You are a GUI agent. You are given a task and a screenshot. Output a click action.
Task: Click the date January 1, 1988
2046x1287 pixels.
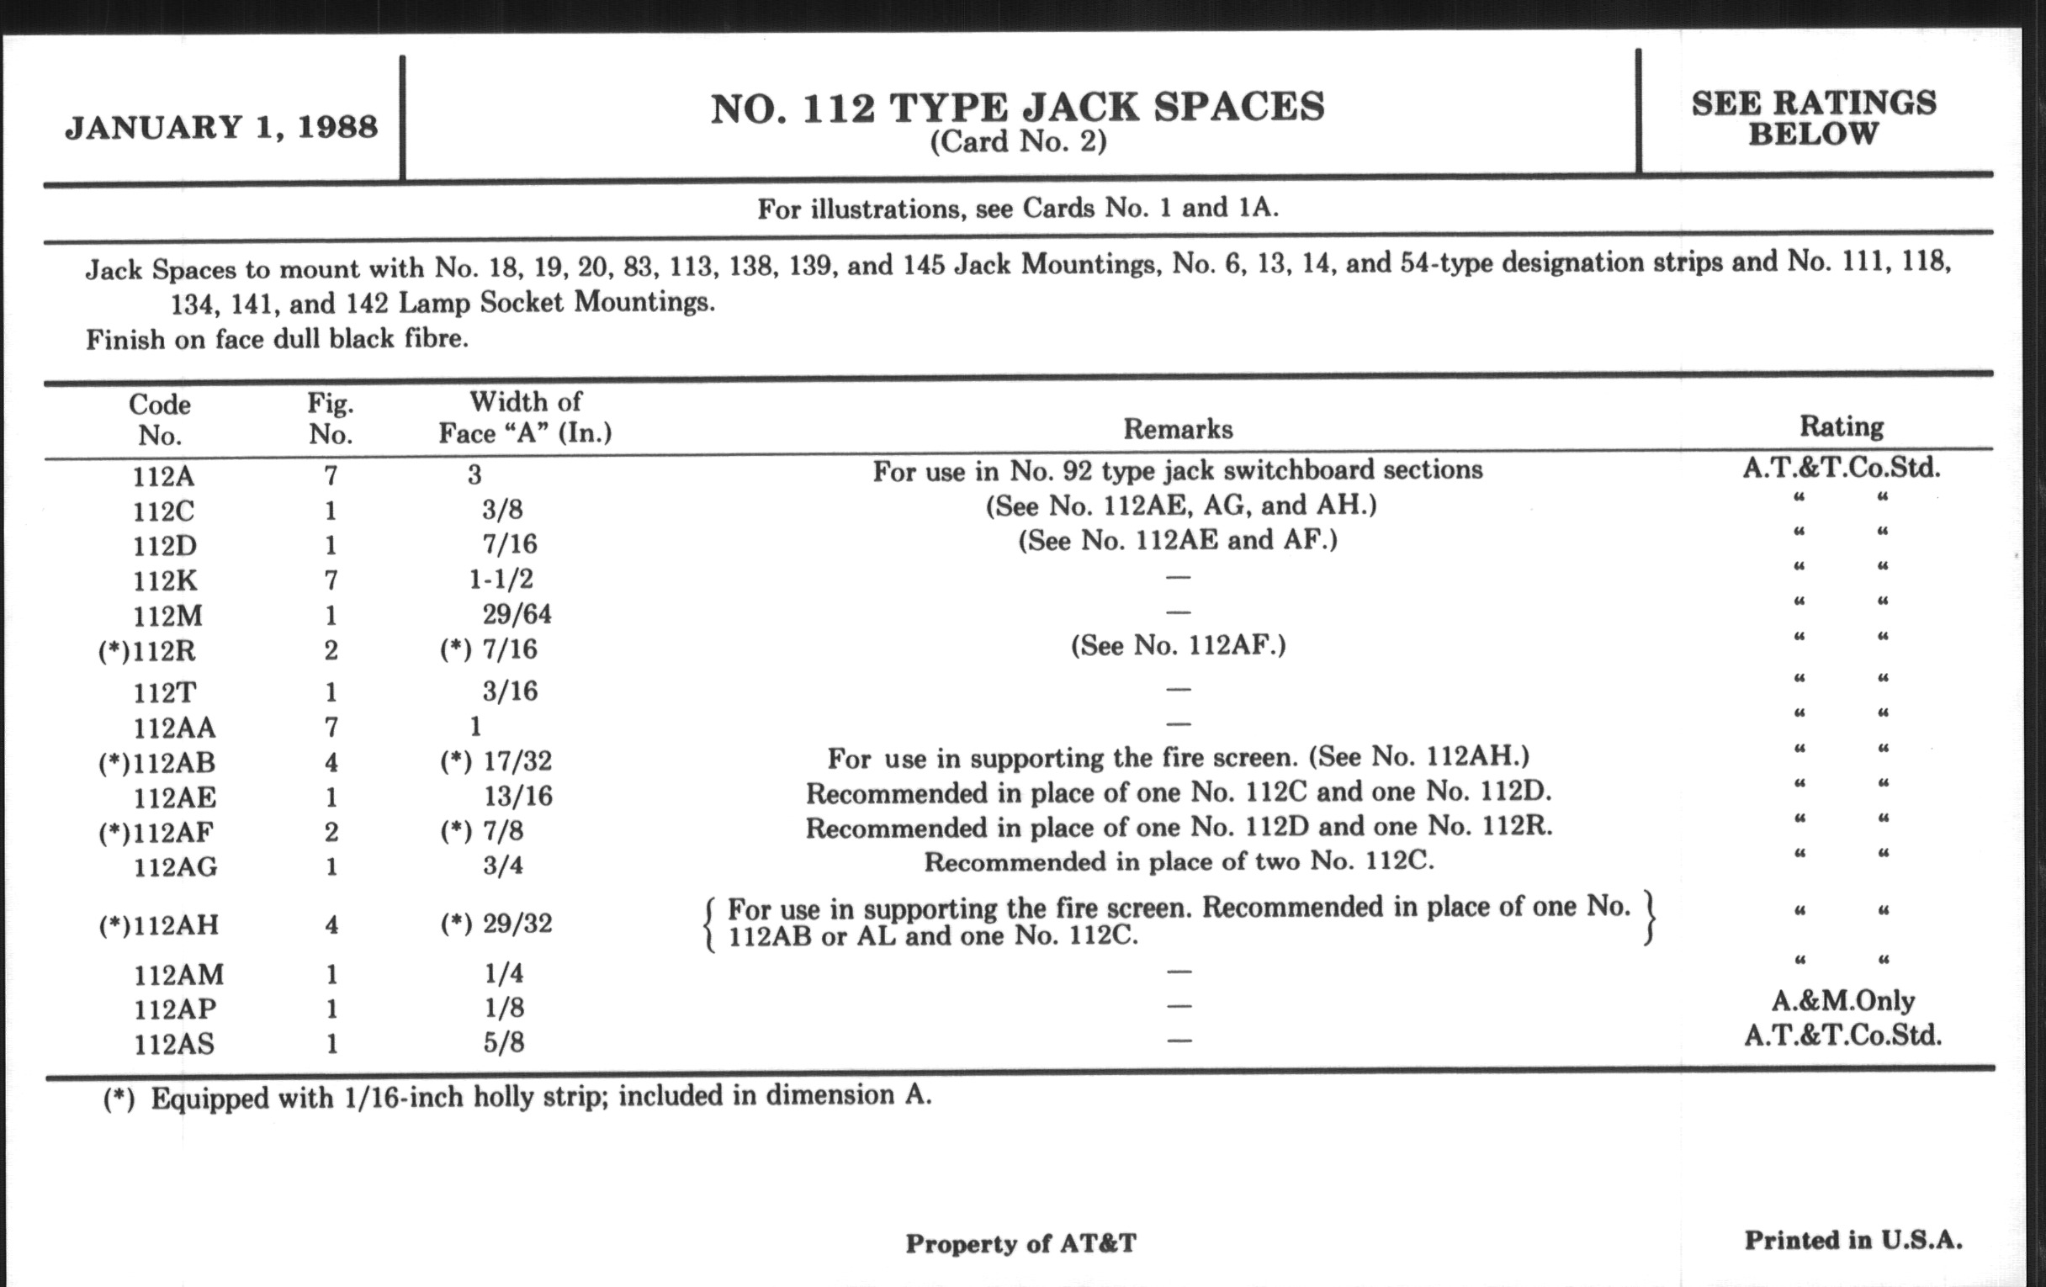[222, 127]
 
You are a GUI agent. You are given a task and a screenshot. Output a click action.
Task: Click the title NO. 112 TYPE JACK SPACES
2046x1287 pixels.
[1017, 108]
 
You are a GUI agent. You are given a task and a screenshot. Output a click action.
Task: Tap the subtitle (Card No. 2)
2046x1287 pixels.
[1018, 142]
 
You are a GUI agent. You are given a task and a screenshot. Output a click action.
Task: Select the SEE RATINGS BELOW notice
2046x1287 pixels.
[1813, 118]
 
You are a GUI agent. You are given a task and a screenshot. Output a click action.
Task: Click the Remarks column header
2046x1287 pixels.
[1178, 429]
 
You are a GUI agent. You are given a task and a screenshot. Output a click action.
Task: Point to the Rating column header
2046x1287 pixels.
[1842, 426]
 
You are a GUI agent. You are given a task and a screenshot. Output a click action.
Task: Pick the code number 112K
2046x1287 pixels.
[165, 581]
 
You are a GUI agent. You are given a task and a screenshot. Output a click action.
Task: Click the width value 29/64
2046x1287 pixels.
[517, 614]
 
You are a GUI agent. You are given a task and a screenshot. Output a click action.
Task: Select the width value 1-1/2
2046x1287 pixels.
[501, 580]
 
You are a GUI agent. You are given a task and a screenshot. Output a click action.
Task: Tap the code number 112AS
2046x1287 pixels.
[174, 1044]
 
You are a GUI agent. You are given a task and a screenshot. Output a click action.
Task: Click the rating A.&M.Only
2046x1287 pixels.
[1842, 1001]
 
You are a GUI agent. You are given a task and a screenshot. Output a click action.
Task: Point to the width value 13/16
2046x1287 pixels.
[517, 796]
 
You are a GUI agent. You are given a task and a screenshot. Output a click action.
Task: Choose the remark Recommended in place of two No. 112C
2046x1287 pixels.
[1179, 862]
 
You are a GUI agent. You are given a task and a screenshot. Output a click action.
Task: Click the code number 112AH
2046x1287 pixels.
[160, 924]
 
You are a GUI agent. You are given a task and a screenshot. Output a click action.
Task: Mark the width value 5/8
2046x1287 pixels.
[504, 1042]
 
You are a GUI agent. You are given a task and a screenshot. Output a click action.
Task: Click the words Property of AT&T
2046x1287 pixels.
[1020, 1243]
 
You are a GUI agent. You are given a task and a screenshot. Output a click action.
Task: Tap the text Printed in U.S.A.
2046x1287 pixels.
[1853, 1240]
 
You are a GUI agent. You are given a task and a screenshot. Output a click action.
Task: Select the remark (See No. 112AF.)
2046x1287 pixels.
[1178, 647]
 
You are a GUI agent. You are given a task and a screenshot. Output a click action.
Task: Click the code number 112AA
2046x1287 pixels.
[174, 728]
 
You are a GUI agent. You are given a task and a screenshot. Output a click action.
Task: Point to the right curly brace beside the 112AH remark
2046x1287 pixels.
[1648, 919]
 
